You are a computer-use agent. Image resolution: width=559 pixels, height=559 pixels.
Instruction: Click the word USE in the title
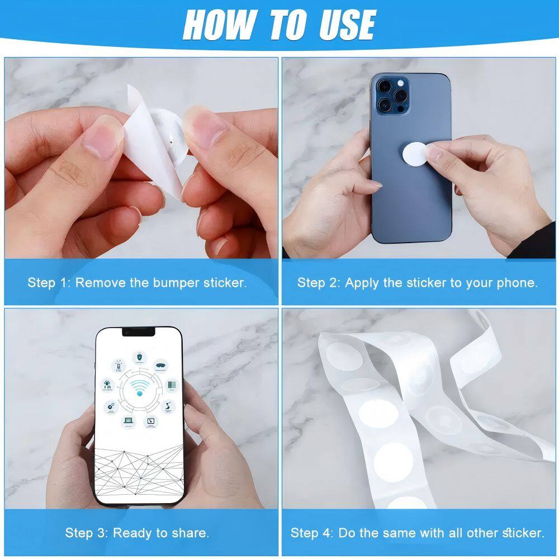347,25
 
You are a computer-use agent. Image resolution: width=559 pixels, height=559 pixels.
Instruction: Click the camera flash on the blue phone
401,83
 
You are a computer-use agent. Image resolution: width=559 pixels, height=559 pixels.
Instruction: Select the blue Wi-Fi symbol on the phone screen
140,387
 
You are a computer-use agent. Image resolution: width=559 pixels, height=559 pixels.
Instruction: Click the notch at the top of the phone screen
139,332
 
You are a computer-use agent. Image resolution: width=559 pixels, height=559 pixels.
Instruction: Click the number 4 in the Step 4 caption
326,533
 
